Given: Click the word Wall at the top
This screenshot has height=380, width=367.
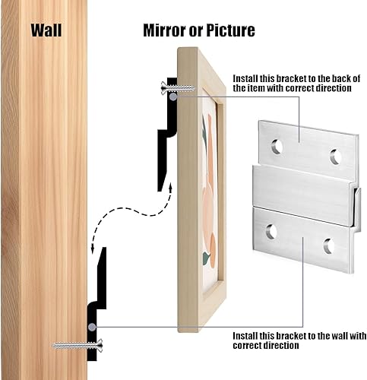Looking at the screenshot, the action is [46, 30].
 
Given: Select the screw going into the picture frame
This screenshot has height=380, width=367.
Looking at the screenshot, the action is [178, 88].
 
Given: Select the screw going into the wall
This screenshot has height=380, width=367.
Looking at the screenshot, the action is [78, 345].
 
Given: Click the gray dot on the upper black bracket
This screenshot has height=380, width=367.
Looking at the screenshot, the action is [172, 97].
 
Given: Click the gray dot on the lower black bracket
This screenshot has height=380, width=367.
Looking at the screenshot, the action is [92, 327].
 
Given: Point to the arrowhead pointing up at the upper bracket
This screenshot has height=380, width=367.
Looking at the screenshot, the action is [171, 188].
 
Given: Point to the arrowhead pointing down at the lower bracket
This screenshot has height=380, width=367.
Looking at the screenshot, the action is [93, 249].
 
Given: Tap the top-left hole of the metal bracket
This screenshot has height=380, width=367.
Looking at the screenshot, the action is [277, 147].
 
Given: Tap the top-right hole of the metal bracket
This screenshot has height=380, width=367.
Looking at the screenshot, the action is [336, 157].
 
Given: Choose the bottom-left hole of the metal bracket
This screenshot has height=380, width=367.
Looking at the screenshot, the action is [271, 232].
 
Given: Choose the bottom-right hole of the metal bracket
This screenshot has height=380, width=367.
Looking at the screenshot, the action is [329, 245].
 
